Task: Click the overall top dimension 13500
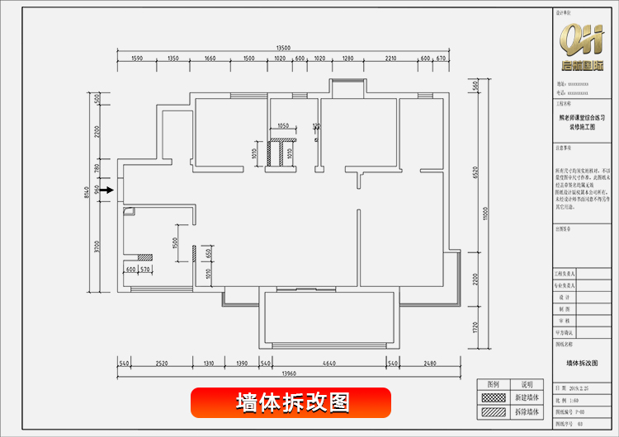[286, 49]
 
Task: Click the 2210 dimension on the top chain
[390, 59]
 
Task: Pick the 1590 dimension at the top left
[137, 59]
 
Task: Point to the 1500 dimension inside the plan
[175, 243]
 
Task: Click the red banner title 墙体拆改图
[293, 402]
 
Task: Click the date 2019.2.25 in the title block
[577, 386]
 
